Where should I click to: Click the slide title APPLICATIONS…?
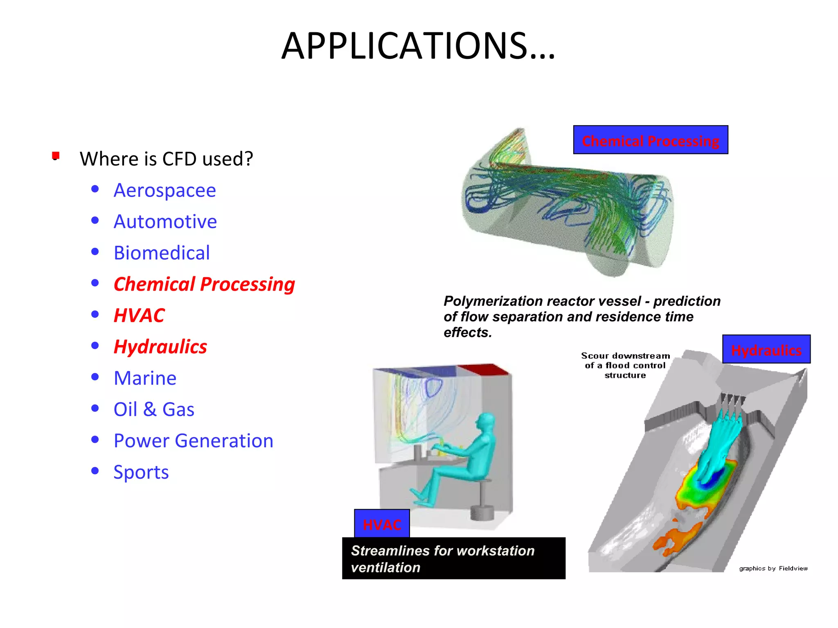click(418, 46)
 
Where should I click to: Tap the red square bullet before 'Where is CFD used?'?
click(56, 155)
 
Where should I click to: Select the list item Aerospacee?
click(164, 191)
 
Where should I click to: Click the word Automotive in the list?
click(165, 222)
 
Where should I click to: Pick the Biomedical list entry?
click(162, 253)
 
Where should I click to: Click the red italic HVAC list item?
click(139, 316)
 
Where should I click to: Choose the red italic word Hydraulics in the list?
click(160, 347)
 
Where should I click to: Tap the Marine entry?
click(145, 378)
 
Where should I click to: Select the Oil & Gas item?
click(154, 410)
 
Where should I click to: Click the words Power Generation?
click(193, 441)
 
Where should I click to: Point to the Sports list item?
click(141, 472)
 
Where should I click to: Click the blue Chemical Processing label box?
click(650, 140)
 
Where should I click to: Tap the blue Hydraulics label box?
click(766, 350)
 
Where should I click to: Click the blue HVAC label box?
click(382, 524)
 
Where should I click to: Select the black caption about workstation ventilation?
click(453, 558)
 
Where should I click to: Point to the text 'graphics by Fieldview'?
click(773, 568)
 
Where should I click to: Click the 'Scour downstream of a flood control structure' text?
click(625, 366)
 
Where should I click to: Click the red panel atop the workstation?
click(483, 370)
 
